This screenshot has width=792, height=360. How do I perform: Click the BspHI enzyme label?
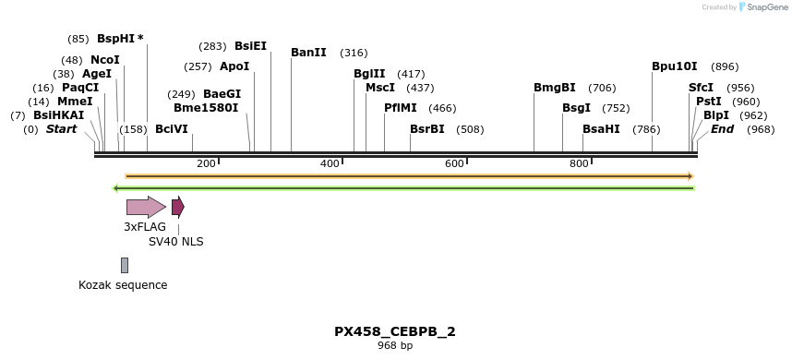115,39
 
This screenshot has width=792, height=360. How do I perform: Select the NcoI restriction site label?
105,60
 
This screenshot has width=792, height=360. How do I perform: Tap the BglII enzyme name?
369,74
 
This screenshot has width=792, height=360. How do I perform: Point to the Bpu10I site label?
675,66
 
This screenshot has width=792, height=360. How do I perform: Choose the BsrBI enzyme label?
427,129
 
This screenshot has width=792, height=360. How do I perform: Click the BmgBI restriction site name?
555,88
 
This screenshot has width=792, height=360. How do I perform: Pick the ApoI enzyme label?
234,66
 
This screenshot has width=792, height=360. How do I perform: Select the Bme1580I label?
206,108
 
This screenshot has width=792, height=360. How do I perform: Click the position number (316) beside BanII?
354,53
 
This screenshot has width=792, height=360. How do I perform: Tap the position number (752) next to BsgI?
616,108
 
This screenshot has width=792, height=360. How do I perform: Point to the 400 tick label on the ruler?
330,163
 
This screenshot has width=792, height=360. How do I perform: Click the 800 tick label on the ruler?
579,163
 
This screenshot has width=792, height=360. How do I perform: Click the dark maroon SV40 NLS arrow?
178,207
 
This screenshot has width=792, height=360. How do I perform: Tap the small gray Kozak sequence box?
125,265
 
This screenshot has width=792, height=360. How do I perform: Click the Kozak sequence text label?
123,285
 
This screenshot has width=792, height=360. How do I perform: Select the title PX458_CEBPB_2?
395,331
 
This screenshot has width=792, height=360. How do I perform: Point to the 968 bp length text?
395,346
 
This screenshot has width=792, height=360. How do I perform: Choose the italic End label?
722,129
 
